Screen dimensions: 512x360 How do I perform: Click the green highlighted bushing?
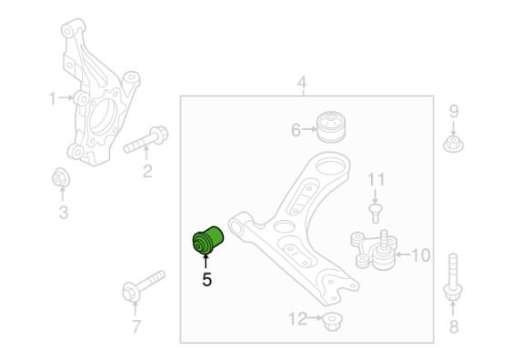coord(207,240)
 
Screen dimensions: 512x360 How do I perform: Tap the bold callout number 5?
coord(206,279)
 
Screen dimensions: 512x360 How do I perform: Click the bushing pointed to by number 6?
coord(332,127)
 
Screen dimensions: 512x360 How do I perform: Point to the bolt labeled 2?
coord(146,140)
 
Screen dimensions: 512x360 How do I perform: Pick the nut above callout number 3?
coord(60,178)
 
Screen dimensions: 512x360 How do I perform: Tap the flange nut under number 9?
coord(453,144)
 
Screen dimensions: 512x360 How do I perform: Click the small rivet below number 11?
coord(376,213)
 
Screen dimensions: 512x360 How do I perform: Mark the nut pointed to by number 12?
coord(332,321)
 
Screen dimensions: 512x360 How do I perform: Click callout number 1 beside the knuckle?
coord(52,98)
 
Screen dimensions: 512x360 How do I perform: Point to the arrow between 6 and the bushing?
coord(309,130)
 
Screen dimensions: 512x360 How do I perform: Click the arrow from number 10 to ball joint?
coord(404,254)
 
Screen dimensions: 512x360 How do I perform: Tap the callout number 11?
coord(376,179)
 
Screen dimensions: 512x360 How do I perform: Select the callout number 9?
coord(454,111)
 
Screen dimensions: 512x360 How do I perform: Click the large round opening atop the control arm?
coord(330,165)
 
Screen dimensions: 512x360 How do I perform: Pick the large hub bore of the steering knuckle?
coord(102,117)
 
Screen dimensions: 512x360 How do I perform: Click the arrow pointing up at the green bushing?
coord(206,261)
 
